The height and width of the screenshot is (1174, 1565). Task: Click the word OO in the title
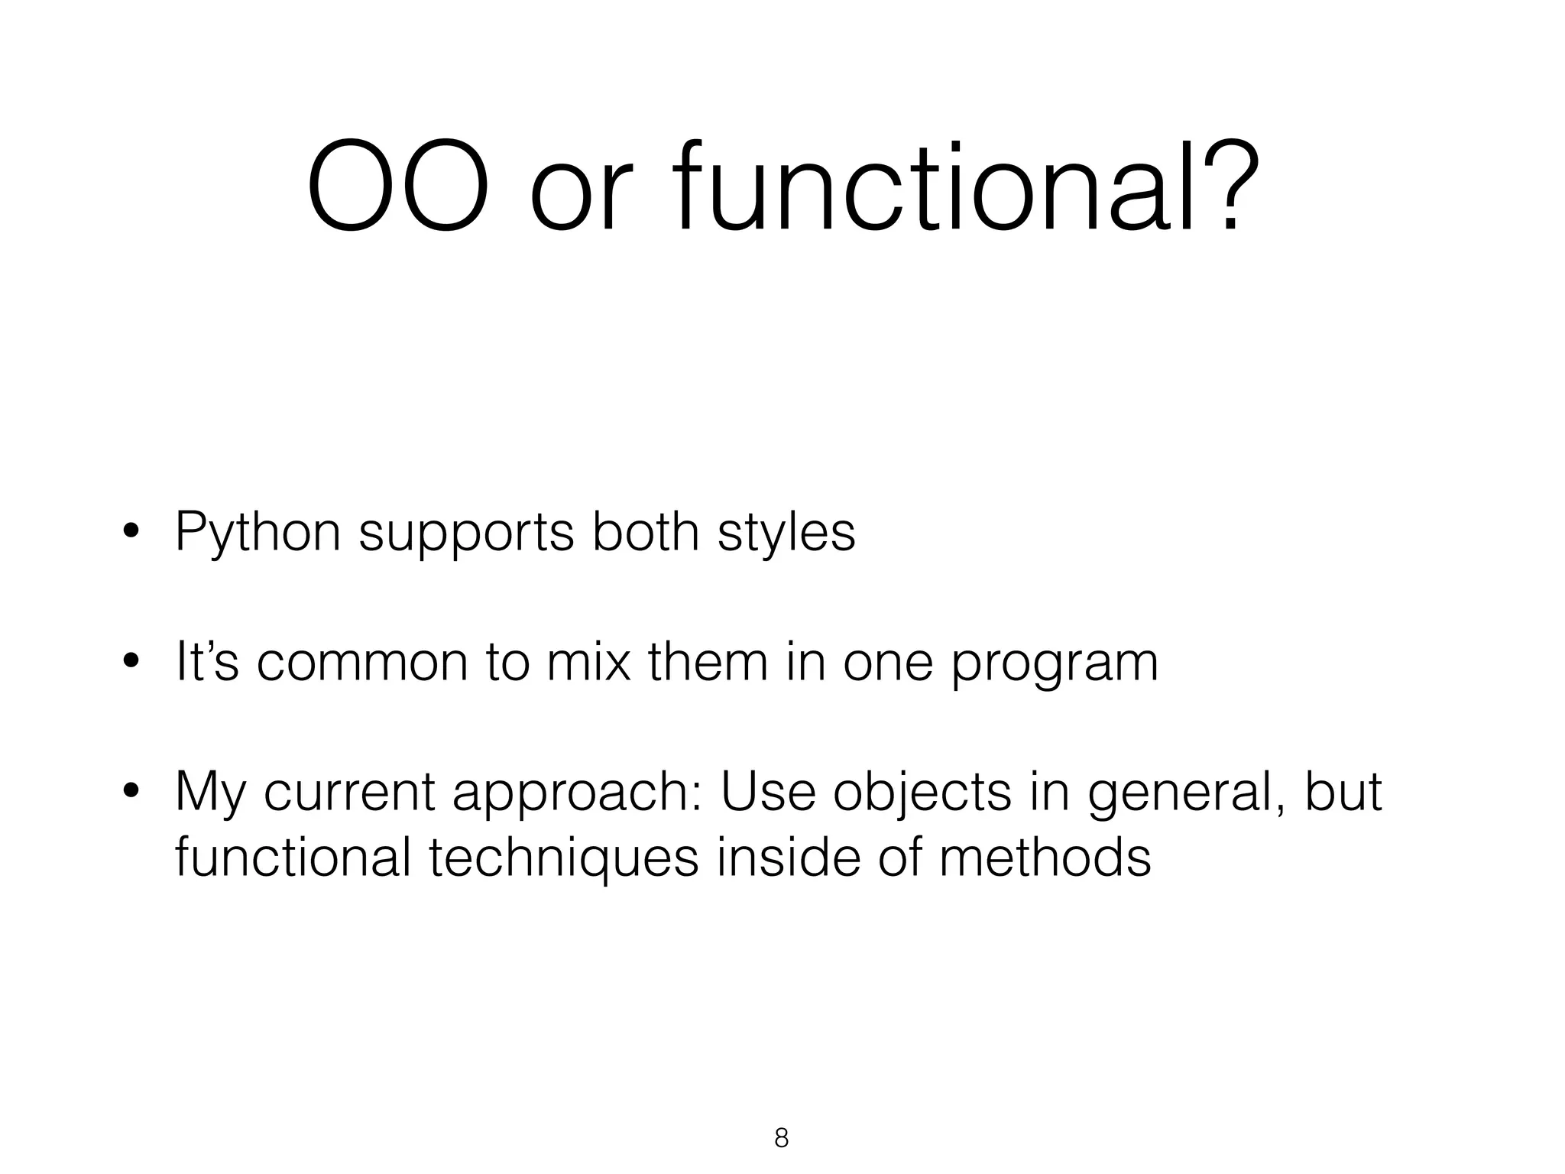click(x=397, y=186)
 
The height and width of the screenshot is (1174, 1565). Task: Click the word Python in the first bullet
click(x=258, y=533)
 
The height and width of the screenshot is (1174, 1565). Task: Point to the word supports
click(x=465, y=533)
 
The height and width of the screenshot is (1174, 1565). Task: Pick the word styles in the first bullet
click(x=786, y=532)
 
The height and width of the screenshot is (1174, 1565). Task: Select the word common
click(x=361, y=663)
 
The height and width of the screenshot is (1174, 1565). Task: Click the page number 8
click(x=781, y=1138)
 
